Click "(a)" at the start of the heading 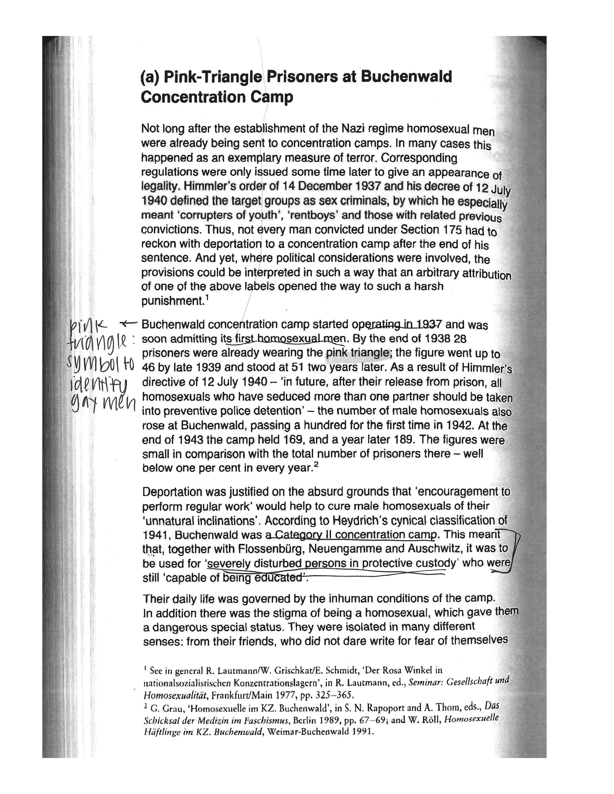click(150, 77)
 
